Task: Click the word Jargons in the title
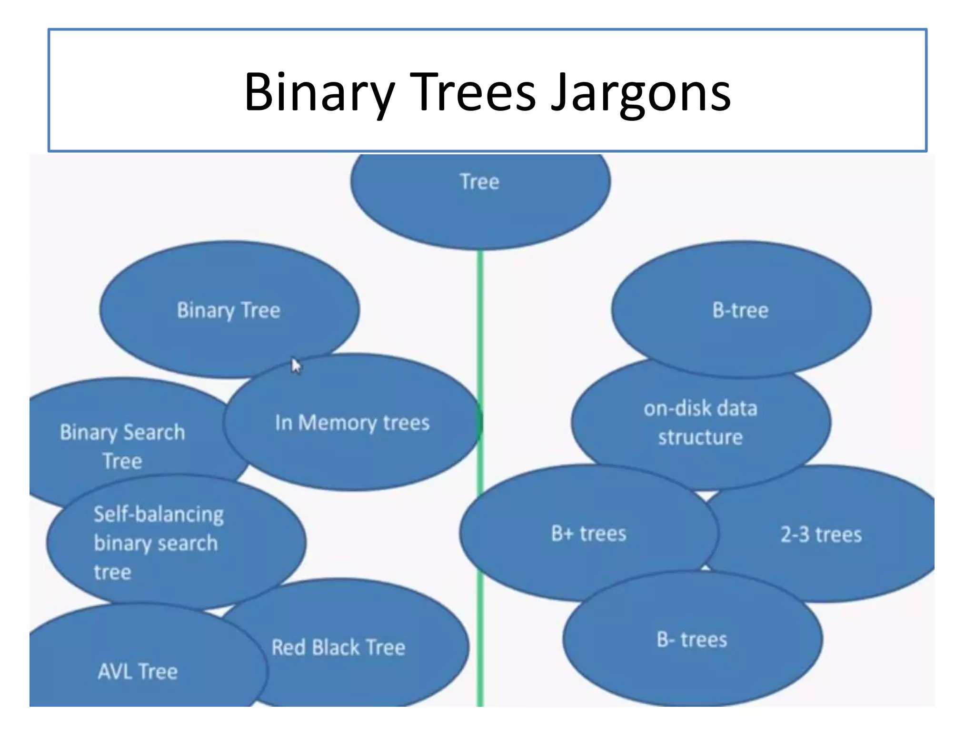[x=640, y=93]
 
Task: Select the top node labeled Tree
[x=479, y=182]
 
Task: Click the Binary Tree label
[x=229, y=310]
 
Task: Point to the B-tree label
[x=740, y=310]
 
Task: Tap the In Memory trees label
[x=352, y=423]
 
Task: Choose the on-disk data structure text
[x=700, y=423]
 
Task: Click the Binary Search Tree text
[x=122, y=446]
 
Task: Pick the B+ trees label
[x=589, y=533]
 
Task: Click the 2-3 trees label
[x=821, y=534]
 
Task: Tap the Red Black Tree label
[x=338, y=647]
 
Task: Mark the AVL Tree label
[x=138, y=672]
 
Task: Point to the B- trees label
[x=692, y=640]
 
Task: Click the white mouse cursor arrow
[x=296, y=365]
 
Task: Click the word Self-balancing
[x=159, y=514]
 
